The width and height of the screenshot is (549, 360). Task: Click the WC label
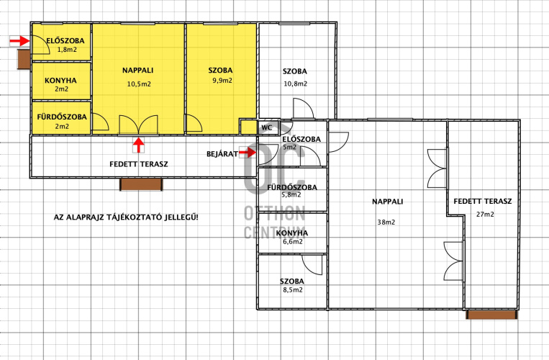(266, 128)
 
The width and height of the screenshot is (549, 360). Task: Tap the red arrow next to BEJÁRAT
(248, 153)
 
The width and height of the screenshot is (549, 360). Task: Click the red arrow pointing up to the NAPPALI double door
(139, 145)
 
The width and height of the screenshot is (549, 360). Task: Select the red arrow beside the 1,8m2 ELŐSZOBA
(19, 41)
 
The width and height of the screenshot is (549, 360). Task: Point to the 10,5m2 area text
(139, 84)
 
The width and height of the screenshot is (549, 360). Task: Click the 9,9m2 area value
(222, 81)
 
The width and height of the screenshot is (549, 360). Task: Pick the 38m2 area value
(386, 222)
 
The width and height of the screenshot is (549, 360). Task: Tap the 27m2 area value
(485, 214)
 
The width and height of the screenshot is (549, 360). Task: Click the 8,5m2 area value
(293, 289)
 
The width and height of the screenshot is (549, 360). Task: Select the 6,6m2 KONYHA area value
(293, 241)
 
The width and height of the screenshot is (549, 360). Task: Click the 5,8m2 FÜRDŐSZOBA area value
(291, 194)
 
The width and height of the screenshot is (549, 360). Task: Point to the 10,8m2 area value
(296, 84)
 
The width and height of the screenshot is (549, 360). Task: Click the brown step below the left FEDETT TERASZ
(141, 184)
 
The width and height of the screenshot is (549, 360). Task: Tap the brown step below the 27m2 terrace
(492, 315)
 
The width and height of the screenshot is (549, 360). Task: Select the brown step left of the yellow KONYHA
(24, 59)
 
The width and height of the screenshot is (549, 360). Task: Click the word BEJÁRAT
(222, 154)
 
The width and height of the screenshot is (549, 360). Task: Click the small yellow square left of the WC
(249, 127)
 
